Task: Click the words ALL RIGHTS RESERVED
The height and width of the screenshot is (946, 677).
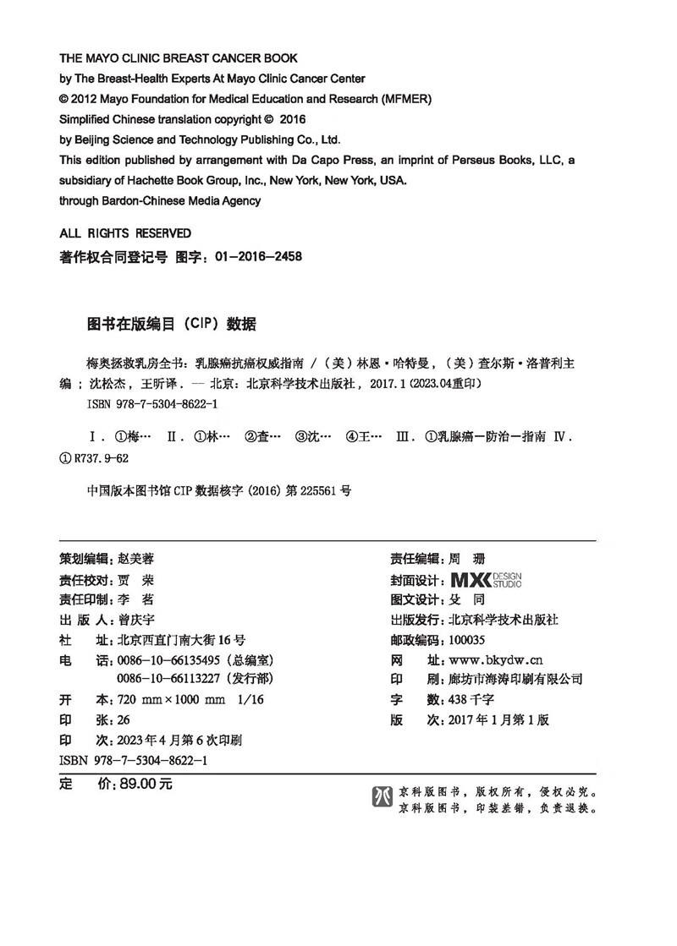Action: [x=125, y=233]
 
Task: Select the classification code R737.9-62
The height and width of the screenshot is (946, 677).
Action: [x=102, y=458]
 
